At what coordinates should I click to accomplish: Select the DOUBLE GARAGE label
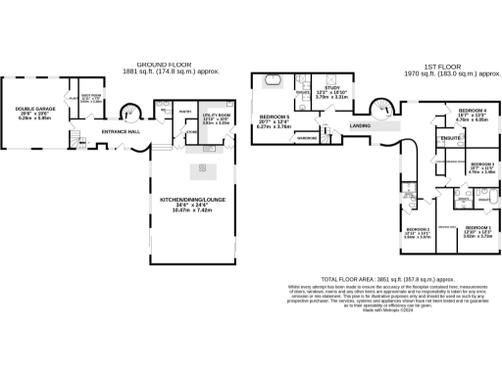pos(26,110)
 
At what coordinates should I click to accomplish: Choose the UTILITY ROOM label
pos(215,116)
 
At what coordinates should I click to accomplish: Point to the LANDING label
pos(361,126)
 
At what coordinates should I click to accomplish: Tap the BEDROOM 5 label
pos(276,117)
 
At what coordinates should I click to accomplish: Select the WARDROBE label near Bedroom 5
pos(306,138)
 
